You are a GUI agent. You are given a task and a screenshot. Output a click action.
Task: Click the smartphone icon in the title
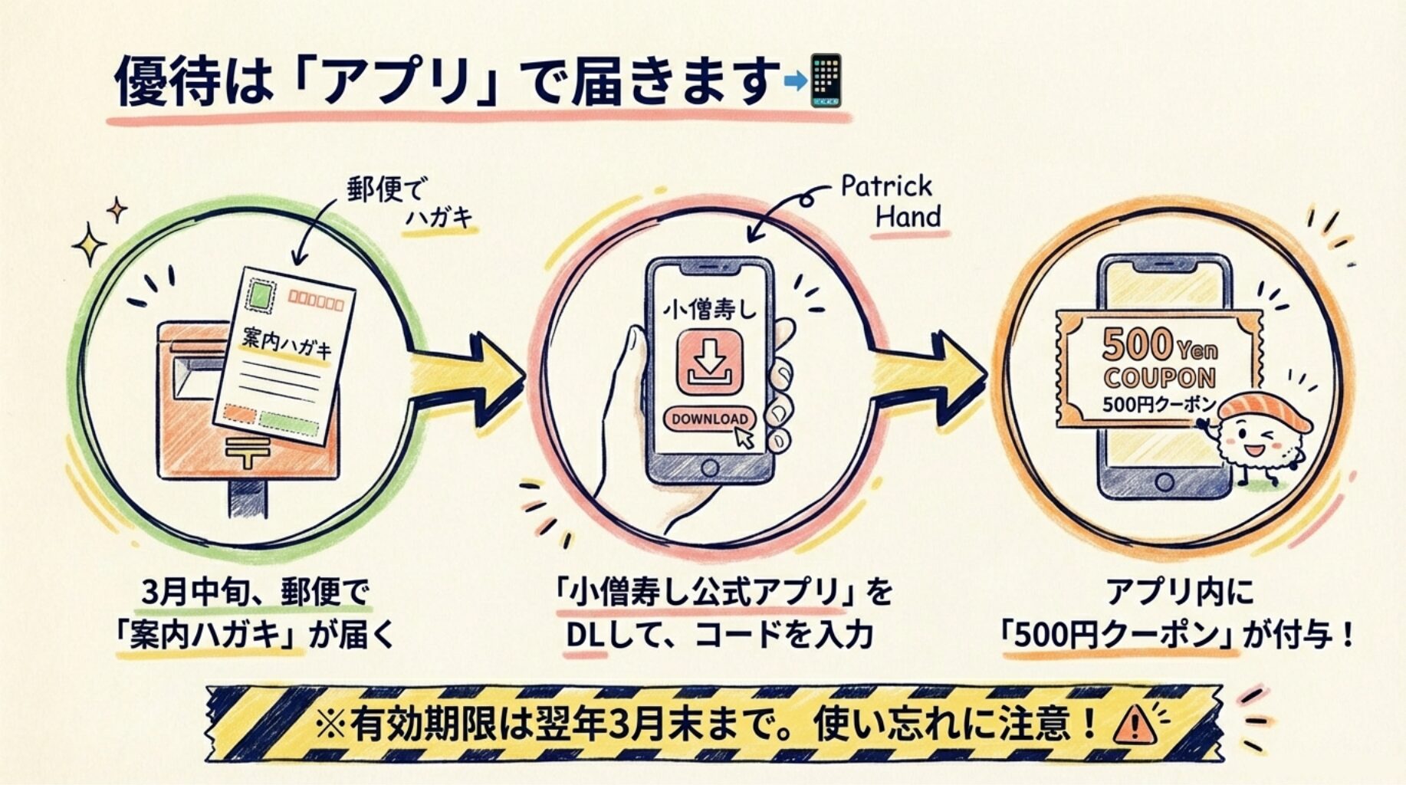point(826,80)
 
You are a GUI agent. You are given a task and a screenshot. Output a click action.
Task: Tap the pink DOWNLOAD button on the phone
point(708,419)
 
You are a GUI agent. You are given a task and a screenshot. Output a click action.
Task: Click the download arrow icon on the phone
point(708,360)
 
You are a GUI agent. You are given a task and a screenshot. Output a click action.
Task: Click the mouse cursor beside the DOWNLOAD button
point(744,437)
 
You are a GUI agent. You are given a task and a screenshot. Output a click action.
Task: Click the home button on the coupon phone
point(1164,482)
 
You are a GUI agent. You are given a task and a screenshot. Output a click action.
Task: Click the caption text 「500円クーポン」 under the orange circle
point(1120,636)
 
